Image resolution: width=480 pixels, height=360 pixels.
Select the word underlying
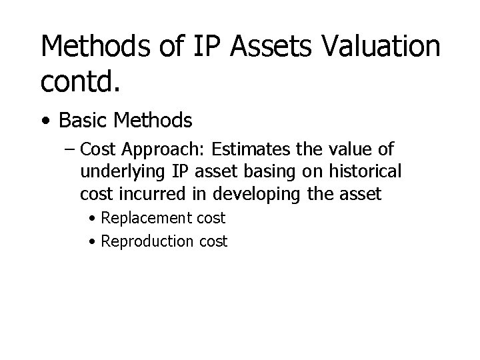coord(122,172)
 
